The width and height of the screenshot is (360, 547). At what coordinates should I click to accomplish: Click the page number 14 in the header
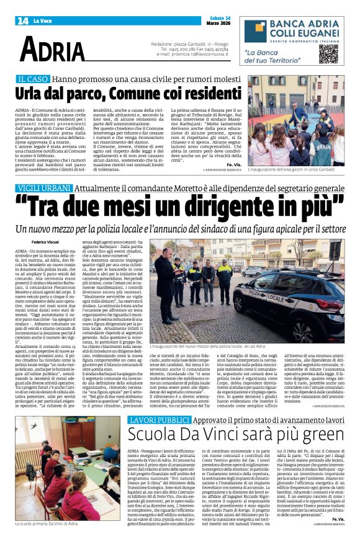point(23,20)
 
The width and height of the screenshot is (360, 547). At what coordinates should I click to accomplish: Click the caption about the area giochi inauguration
point(291,169)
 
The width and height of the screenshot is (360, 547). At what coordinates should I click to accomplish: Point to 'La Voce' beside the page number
point(43,21)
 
